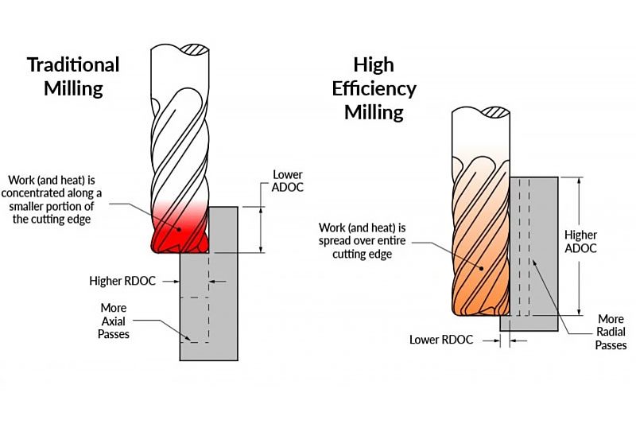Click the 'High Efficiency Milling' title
pyautogui.click(x=374, y=88)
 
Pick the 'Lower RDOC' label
pyautogui.click(x=441, y=340)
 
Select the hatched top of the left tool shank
pyautogui.click(x=196, y=50)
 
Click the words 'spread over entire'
pyautogui.click(x=369, y=240)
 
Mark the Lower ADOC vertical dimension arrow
pyautogui.click(x=262, y=229)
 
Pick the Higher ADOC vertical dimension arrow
pyautogui.click(x=578, y=247)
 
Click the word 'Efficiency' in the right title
pyautogui.click(x=374, y=88)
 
